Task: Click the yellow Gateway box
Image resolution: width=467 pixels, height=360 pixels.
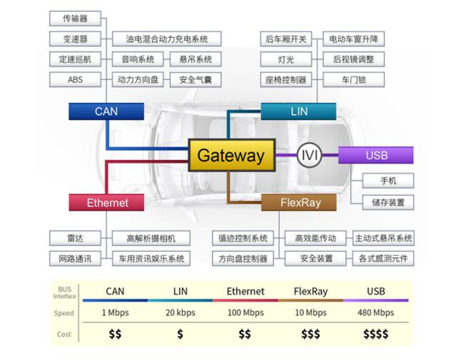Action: pyautogui.click(x=232, y=156)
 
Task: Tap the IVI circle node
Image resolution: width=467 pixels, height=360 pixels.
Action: pyautogui.click(x=310, y=156)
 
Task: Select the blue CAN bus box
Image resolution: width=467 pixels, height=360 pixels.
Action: pyautogui.click(x=106, y=111)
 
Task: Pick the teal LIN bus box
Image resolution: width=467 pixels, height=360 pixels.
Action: pyautogui.click(x=298, y=111)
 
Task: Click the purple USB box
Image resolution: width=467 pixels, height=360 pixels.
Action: pyautogui.click(x=376, y=156)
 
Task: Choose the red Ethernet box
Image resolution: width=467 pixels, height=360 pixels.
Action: pyautogui.click(x=107, y=203)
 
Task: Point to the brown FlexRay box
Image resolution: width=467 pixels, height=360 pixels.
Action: pyautogui.click(x=300, y=203)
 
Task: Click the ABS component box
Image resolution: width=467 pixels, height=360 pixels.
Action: pyautogui.click(x=75, y=80)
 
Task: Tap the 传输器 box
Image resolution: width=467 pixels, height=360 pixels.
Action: pyautogui.click(x=75, y=18)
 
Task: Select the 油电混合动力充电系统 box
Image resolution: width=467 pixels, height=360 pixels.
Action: pyautogui.click(x=167, y=39)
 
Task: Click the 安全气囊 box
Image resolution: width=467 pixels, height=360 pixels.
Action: pyautogui.click(x=195, y=80)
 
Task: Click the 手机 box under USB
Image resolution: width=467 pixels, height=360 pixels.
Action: pyautogui.click(x=388, y=180)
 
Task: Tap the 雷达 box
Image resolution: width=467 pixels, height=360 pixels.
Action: pyautogui.click(x=75, y=238)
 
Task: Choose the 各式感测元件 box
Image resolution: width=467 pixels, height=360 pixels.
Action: pyautogui.click(x=383, y=258)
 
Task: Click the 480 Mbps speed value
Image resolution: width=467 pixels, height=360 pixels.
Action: pyautogui.click(x=376, y=313)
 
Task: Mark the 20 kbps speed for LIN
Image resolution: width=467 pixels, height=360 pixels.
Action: pyautogui.click(x=180, y=313)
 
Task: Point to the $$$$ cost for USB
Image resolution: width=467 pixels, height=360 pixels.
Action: pyautogui.click(x=376, y=334)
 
